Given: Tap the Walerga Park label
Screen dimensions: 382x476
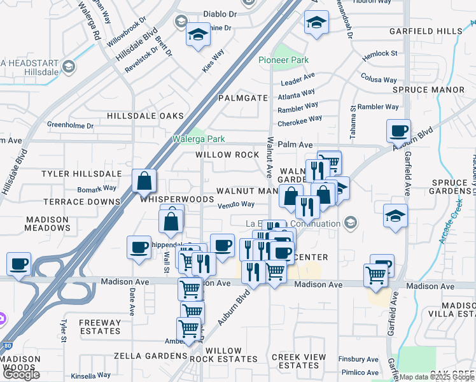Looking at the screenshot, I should click(x=199, y=139).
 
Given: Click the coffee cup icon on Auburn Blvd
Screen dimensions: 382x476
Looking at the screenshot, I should click(x=398, y=132).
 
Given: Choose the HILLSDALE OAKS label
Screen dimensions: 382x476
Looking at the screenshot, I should click(x=145, y=116).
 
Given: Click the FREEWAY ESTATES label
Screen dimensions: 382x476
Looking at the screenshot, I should click(x=100, y=327).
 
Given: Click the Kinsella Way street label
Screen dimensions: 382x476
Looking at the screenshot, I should click(x=91, y=376).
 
